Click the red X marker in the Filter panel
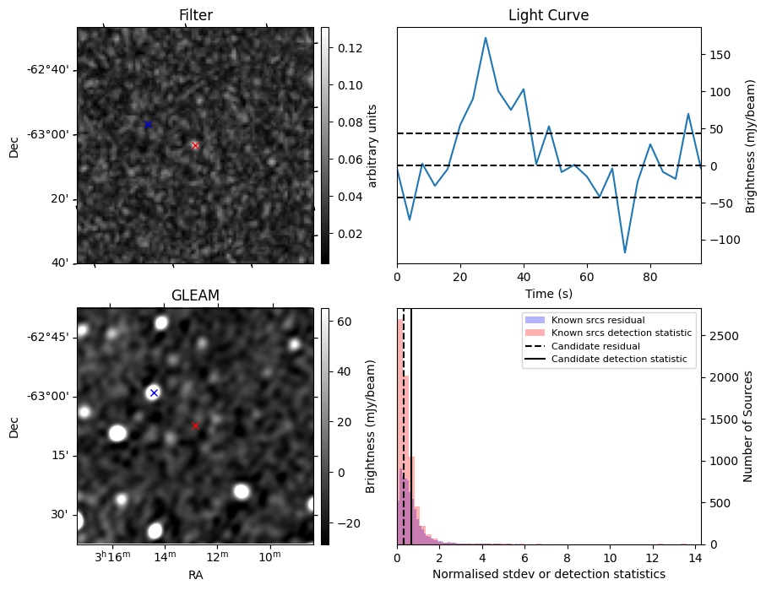coord(195,145)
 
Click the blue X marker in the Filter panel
coord(148,125)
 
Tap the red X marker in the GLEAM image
coord(195,425)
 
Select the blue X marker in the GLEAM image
coord(154,392)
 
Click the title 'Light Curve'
coord(548,15)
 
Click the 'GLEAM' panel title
coord(195,295)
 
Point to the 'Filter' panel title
coord(195,15)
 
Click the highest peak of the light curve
coord(486,37)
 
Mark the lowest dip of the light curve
coord(625,252)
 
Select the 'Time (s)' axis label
coord(548,294)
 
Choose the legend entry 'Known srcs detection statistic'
coord(621,333)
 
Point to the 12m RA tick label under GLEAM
coord(217,558)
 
